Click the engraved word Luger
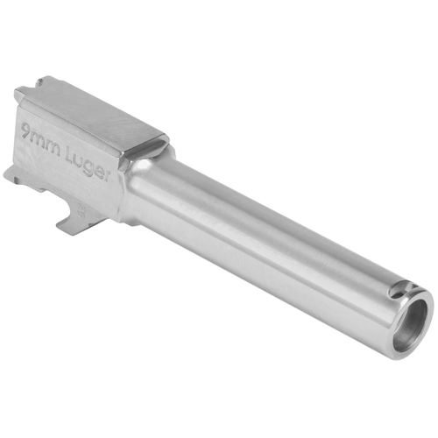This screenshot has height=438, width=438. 91,164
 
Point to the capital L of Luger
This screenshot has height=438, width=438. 74,154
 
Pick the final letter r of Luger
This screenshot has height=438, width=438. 108,173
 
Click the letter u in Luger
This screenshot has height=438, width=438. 82,159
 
